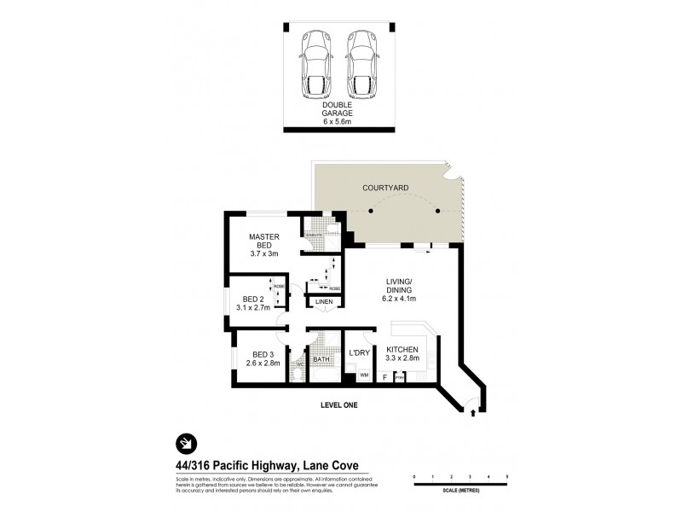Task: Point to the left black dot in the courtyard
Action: pos(371,211)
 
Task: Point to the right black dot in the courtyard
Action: pos(437,211)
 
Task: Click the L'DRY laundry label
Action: pos(358,352)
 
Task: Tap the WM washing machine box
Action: pos(364,375)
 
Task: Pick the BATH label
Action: pos(321,360)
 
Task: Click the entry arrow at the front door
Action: pos(473,414)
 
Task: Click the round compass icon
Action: pos(186,443)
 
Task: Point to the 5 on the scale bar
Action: pos(507,476)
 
